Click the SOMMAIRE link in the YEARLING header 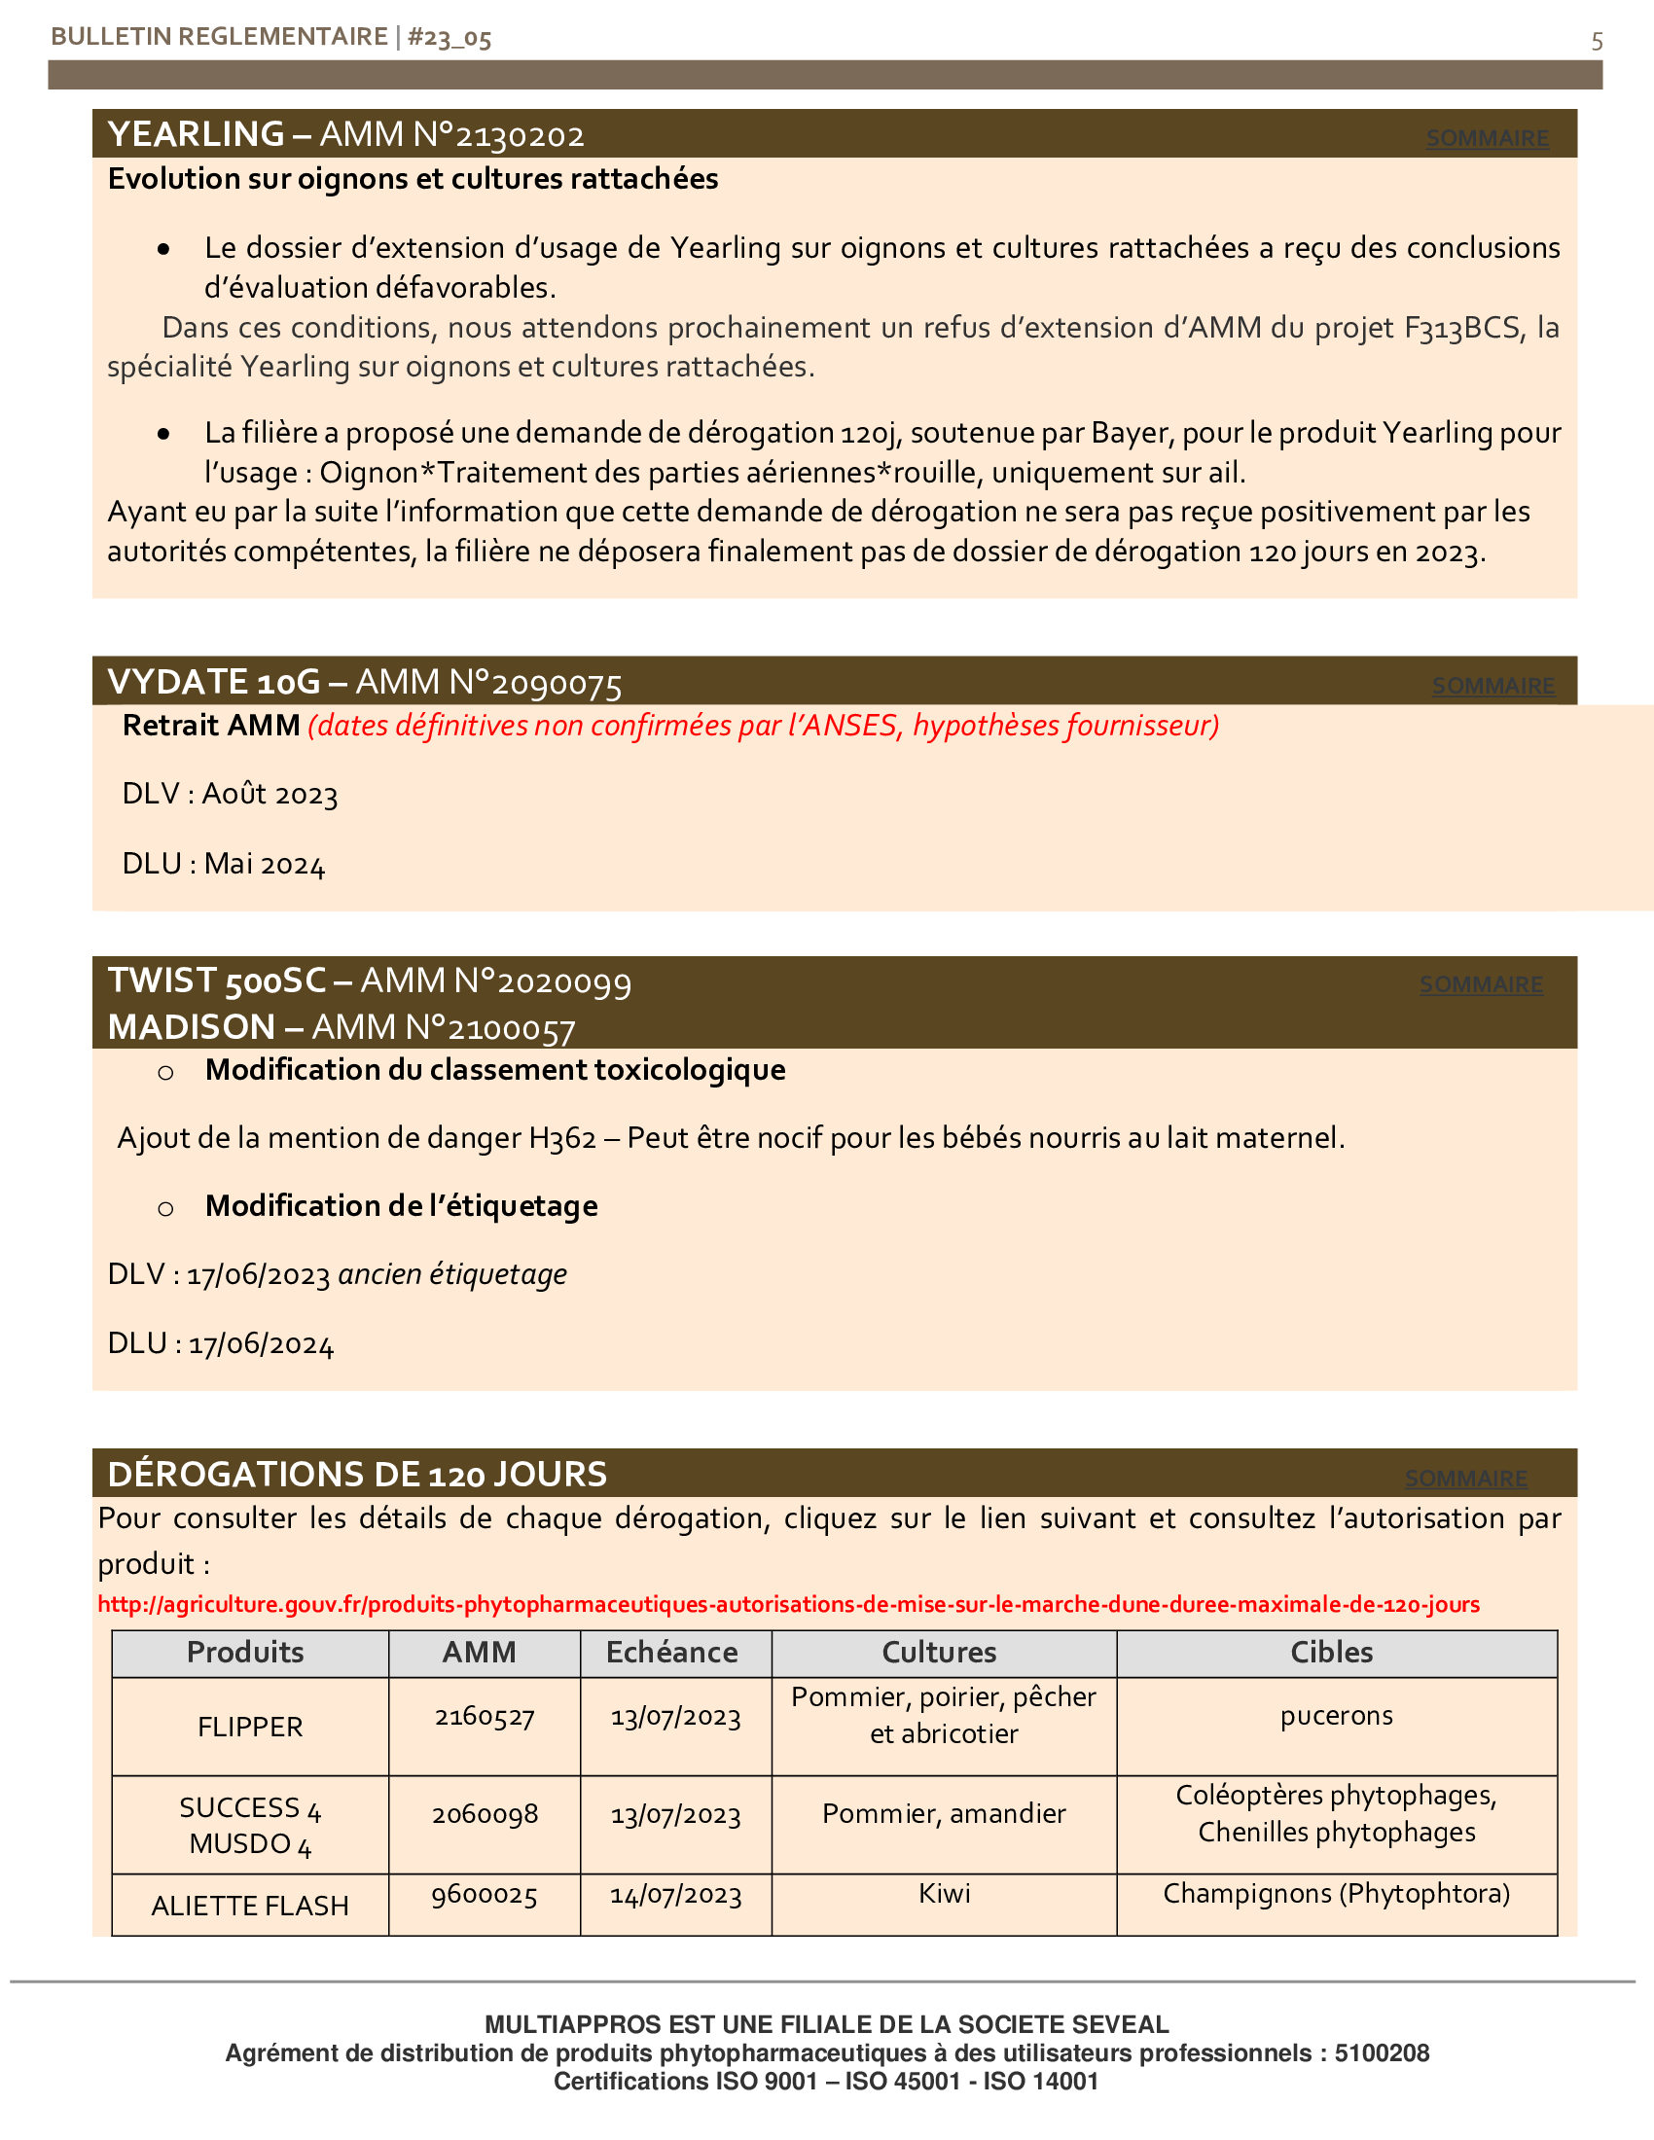click(x=1487, y=138)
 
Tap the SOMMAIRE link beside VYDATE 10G click(x=1492, y=686)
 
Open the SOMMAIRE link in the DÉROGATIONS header click(x=1466, y=1478)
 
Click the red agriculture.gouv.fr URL click(x=788, y=1604)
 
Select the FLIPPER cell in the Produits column click(x=250, y=1726)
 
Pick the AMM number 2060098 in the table click(x=485, y=1814)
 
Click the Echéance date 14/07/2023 click(x=675, y=1894)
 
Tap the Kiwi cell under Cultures click(x=944, y=1893)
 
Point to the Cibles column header click(x=1331, y=1652)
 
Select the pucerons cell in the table click(x=1336, y=1716)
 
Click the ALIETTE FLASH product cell click(x=250, y=1905)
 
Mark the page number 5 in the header click(x=1597, y=41)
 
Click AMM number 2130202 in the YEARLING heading click(x=521, y=135)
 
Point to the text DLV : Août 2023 click(x=230, y=794)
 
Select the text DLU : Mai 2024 click(x=224, y=864)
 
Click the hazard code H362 click(x=562, y=1139)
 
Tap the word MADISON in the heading click(x=191, y=1027)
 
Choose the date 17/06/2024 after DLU click(x=262, y=1344)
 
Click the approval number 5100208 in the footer click(x=1381, y=2052)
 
